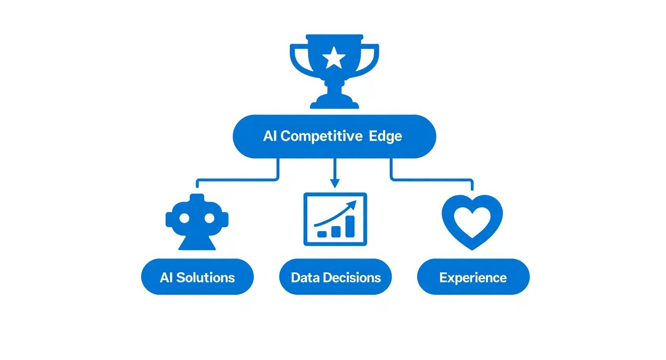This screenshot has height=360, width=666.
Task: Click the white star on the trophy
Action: [x=334, y=58]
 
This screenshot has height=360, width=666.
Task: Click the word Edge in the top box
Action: [x=386, y=136]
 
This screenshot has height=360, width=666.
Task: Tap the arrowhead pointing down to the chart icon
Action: [x=334, y=182]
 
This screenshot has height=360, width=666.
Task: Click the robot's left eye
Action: [x=184, y=218]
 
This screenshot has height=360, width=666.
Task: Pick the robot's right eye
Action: [x=210, y=218]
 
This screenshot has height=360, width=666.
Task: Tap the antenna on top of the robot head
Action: [x=197, y=198]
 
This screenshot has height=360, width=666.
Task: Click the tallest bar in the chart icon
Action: [x=350, y=226]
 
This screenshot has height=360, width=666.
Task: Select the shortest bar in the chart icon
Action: [x=322, y=234]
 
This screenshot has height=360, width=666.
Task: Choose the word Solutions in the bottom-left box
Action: [x=205, y=277]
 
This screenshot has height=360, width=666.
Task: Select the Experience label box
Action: [x=473, y=277]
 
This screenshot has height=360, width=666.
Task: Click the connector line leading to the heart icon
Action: [x=431, y=180]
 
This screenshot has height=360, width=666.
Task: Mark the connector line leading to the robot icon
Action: [x=237, y=180]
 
